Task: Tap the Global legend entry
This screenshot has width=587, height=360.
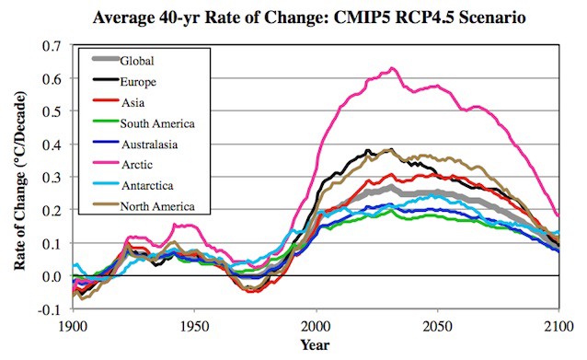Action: point(137,62)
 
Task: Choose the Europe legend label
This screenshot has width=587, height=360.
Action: point(139,82)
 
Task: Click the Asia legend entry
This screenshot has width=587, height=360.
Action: point(132,103)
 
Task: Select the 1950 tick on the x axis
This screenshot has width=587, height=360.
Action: point(194,326)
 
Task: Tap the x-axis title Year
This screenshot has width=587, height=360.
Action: point(316,346)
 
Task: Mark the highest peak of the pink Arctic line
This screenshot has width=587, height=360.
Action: point(393,68)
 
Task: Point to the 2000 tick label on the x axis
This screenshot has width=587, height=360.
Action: point(316,326)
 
